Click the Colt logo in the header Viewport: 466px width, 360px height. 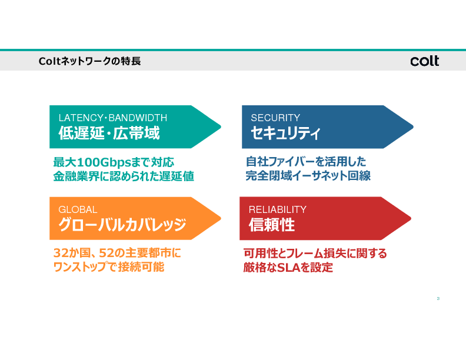coord(424,61)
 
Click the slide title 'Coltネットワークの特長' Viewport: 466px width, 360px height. coord(89,61)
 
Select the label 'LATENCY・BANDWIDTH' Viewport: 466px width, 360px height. coord(112,117)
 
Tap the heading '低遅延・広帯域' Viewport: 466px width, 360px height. coord(109,134)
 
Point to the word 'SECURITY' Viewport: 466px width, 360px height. coord(275,118)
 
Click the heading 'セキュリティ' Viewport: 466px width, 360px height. coord(285,134)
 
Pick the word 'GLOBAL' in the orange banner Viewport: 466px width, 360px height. coord(78,209)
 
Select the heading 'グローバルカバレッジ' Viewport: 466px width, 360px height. coord(122,225)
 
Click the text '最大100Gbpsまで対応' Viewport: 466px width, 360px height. coord(114,162)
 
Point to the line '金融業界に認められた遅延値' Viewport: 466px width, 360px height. coord(124,176)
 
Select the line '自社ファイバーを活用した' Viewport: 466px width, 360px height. coord(306,162)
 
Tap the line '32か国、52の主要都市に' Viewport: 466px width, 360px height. coord(118,254)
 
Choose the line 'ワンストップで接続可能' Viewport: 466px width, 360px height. coord(109,268)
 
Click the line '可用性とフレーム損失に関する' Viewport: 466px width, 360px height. coord(315,254)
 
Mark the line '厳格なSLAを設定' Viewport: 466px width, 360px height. coord(288,268)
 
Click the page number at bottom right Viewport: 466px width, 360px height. coord(438,299)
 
